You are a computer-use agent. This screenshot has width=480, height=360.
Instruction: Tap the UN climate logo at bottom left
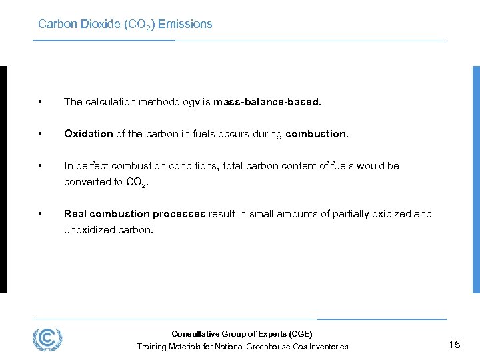pyautogui.click(x=47, y=339)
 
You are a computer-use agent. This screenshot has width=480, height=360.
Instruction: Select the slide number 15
pyautogui.click(x=455, y=345)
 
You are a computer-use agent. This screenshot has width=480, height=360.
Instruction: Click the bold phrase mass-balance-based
pyautogui.click(x=267, y=102)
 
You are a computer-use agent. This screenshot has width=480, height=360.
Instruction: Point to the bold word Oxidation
pyautogui.click(x=89, y=134)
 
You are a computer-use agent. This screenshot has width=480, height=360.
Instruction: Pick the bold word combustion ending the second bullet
pyautogui.click(x=316, y=134)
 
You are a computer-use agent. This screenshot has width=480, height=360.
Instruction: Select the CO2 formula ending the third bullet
pyautogui.click(x=136, y=182)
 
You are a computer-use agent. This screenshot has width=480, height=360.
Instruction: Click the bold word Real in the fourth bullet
pyautogui.click(x=75, y=214)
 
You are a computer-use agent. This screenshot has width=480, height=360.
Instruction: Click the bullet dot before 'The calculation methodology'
pyautogui.click(x=41, y=102)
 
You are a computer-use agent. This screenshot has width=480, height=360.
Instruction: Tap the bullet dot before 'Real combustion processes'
pyautogui.click(x=41, y=214)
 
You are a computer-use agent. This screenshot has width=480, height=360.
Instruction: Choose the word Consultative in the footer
pyautogui.click(x=194, y=334)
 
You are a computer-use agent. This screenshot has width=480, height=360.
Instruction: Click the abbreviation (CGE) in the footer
pyautogui.click(x=298, y=334)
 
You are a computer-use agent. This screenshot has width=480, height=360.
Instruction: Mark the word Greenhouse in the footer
pyautogui.click(x=268, y=347)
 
